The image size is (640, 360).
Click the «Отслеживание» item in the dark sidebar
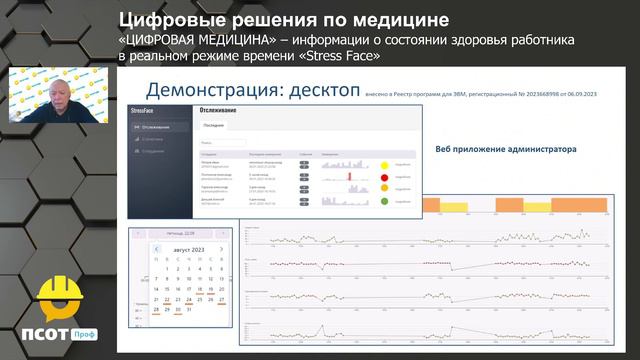(x=157, y=128)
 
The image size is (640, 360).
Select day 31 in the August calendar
(x=188, y=310)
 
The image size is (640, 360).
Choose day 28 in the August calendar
(x=155, y=310)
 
